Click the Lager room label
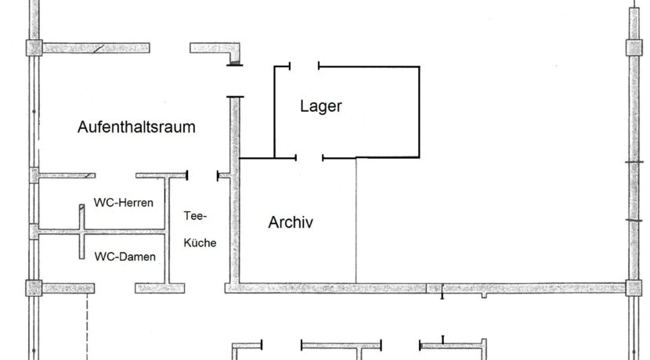click(x=321, y=106)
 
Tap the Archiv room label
click(x=291, y=222)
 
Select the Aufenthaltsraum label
click(x=136, y=127)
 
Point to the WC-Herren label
click(x=124, y=203)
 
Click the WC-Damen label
click(x=125, y=257)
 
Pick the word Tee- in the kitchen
click(x=195, y=216)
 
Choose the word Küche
click(x=200, y=243)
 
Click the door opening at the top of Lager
click(x=305, y=66)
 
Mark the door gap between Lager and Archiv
click(x=309, y=158)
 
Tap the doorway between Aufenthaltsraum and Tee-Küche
click(x=202, y=176)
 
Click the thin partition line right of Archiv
click(x=356, y=221)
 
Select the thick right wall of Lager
click(x=419, y=112)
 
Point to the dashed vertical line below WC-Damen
click(x=87, y=326)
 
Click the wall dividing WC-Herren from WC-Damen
click(x=102, y=232)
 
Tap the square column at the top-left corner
click(x=34, y=48)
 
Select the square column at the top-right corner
click(x=634, y=48)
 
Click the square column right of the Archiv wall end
click(x=634, y=288)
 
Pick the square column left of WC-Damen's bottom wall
click(x=34, y=288)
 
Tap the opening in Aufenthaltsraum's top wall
click(x=170, y=48)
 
